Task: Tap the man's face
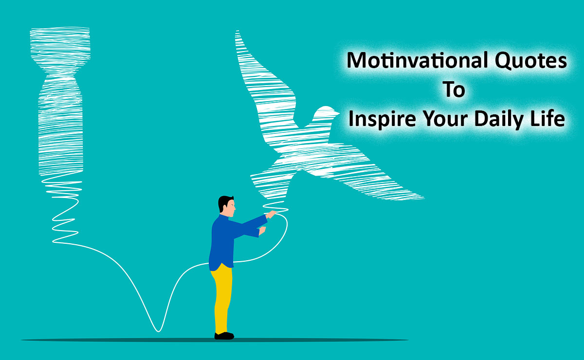click(231, 208)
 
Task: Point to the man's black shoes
click(224, 336)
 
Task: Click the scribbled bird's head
click(324, 114)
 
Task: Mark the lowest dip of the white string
click(158, 330)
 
